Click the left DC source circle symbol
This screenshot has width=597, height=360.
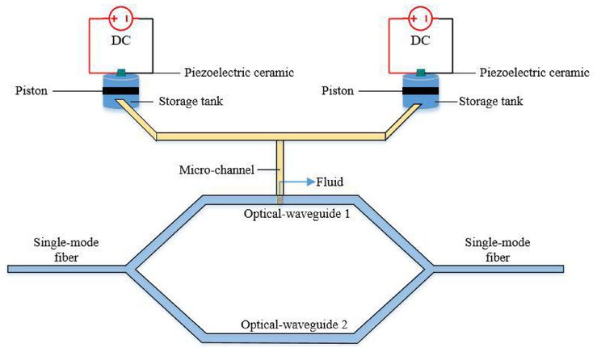point(120,17)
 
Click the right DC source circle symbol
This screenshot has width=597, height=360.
point(420,17)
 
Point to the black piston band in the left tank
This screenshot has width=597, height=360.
point(120,92)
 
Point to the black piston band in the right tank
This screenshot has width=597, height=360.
point(421,92)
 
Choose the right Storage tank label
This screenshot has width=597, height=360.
point(490,102)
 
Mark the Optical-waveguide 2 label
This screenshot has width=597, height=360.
point(294,324)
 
